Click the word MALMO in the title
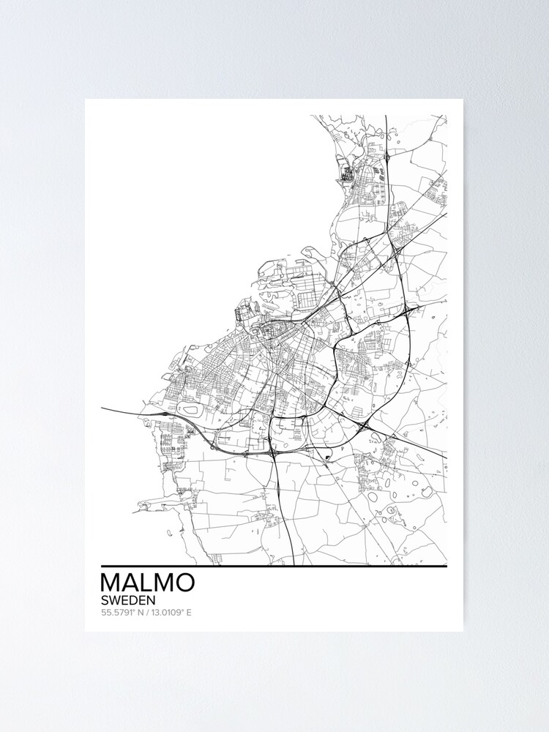147,582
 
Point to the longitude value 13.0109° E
170,612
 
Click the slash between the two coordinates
146,612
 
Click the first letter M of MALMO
111,582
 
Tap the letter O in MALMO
185,582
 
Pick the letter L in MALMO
146,582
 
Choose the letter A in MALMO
130,582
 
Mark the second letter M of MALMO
163,582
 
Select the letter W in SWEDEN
116,599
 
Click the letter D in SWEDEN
135,599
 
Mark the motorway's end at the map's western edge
103,408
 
